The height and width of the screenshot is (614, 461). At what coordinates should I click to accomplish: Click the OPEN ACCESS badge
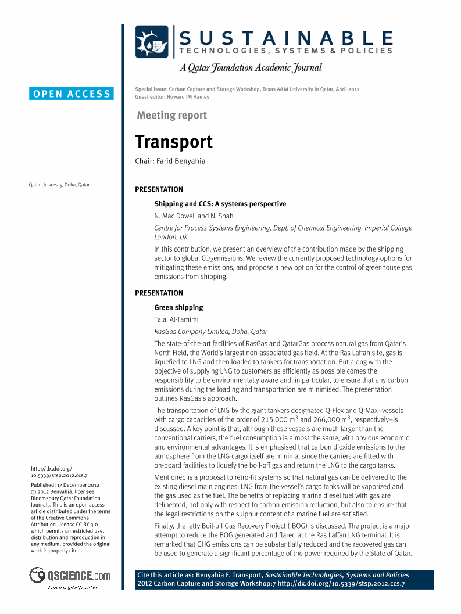[72, 94]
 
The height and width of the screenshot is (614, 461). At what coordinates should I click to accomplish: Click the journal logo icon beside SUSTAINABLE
[152, 42]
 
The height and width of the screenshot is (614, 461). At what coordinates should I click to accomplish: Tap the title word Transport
[174, 142]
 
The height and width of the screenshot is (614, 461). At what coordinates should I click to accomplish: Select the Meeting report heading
[171, 115]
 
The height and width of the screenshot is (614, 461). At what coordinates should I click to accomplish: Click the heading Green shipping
[178, 307]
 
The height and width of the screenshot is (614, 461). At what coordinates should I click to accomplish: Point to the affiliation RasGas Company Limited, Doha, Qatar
[210, 332]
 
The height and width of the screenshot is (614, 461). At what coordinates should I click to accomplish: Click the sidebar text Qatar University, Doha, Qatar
[59, 185]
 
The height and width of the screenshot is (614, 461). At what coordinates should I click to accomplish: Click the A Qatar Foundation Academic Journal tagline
[251, 68]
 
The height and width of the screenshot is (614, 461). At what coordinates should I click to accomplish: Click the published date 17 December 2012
[77, 484]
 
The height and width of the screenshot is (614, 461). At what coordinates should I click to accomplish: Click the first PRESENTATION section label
[159, 189]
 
